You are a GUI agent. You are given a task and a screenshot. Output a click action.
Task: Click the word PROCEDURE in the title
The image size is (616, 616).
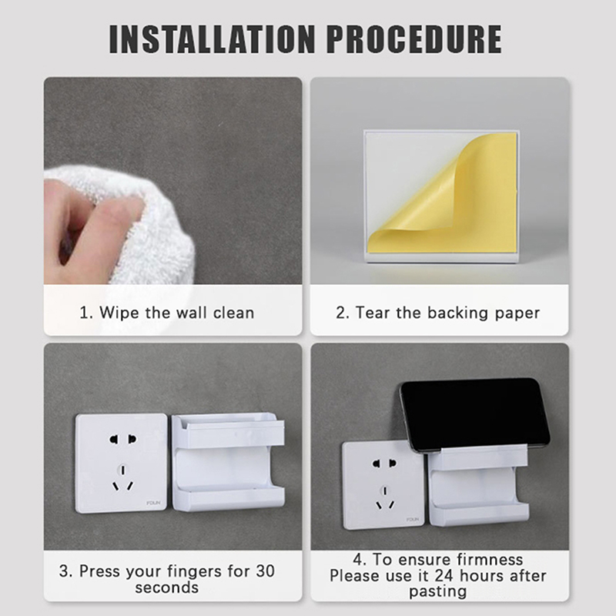click(414, 39)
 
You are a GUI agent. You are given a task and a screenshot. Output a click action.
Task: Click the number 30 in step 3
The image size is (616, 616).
click(265, 571)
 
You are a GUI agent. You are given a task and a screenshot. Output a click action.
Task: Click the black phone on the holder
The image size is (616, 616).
click(474, 416)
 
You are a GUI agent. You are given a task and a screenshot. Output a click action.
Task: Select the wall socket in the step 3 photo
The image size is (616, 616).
click(122, 463)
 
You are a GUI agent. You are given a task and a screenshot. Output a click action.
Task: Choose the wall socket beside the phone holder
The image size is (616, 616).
click(383, 486)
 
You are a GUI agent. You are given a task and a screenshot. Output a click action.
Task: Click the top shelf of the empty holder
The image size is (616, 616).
click(229, 430)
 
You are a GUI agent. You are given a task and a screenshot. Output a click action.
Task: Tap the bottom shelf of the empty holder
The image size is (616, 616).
click(229, 498)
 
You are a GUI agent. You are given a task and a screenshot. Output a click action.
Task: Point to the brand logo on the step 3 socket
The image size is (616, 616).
click(153, 503)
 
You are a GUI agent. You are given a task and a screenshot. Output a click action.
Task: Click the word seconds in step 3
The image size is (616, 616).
click(167, 588)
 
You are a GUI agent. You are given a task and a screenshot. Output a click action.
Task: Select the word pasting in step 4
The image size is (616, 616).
click(438, 592)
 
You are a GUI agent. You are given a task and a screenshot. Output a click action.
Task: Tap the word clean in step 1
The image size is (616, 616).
click(234, 313)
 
